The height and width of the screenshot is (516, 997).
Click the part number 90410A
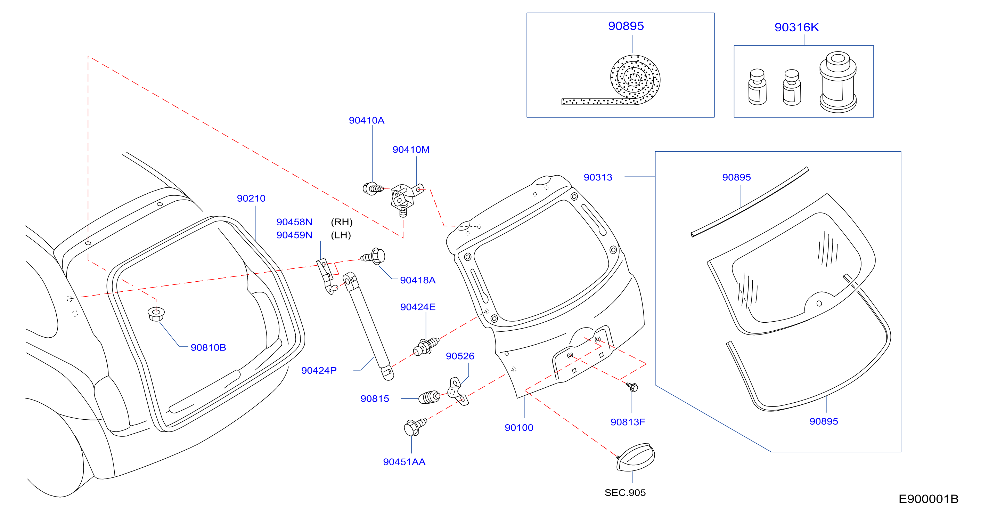[x=367, y=120]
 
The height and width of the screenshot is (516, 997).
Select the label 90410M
[x=411, y=150]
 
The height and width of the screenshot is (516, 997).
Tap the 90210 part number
[x=251, y=198]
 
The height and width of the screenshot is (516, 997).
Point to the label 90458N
[x=294, y=222]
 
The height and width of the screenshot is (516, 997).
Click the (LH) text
[x=341, y=235]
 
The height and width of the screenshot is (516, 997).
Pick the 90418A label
[x=418, y=280]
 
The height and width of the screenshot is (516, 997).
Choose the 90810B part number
[x=208, y=347]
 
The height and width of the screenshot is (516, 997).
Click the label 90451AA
[x=404, y=462]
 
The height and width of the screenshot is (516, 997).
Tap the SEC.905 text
[x=625, y=492]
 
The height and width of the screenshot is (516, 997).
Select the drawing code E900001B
[x=929, y=499]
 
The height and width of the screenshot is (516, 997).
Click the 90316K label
[x=796, y=27]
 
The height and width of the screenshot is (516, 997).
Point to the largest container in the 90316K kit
[x=838, y=82]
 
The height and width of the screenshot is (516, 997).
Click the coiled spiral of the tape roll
[x=635, y=79]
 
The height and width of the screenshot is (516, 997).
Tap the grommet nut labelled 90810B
[x=156, y=313]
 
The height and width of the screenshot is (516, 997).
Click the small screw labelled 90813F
[x=632, y=386]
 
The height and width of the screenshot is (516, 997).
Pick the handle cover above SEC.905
[x=635, y=457]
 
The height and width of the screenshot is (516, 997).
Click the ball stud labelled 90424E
[x=426, y=346]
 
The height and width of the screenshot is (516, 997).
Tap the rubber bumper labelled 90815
[x=429, y=397]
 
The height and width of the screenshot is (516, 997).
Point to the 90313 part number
[x=598, y=177]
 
